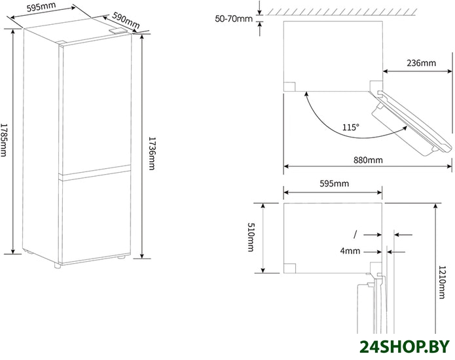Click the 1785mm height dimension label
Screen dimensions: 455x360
[x=3, y=140]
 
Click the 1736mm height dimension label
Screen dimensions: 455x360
[x=151, y=154]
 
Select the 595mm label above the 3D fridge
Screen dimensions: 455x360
[x=41, y=7]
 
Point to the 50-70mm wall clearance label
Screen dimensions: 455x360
[x=234, y=19]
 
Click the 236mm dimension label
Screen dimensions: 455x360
[x=421, y=63]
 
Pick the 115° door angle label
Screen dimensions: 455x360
[x=350, y=128]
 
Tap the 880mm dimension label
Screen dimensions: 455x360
[x=368, y=160]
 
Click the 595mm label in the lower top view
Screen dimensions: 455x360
[x=335, y=183]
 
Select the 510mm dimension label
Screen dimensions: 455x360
[x=251, y=237]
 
